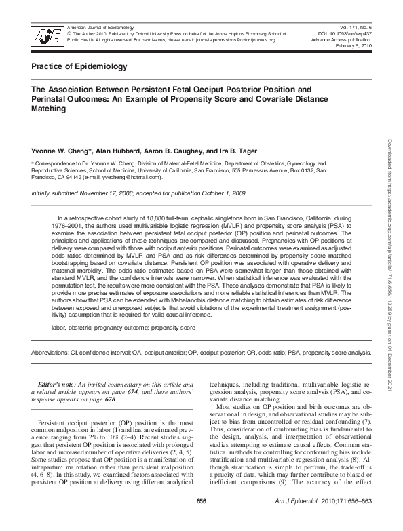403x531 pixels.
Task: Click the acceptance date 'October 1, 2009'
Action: tap(221, 194)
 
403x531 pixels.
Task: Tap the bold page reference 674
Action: tap(140, 392)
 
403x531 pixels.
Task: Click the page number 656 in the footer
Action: tap(201, 520)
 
